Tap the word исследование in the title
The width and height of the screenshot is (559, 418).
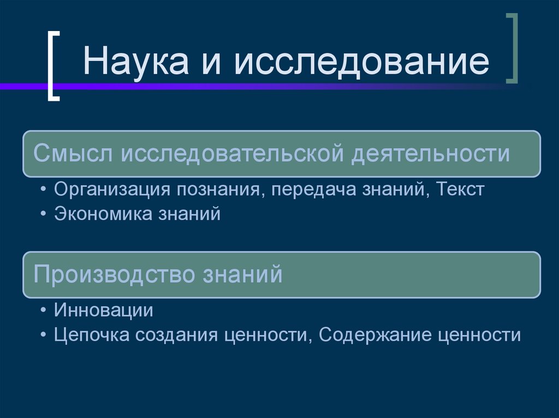(x=361, y=62)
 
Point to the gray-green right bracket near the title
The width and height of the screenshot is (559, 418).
(x=512, y=49)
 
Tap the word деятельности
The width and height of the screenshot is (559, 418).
(x=430, y=154)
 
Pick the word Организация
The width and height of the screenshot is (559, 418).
(x=111, y=190)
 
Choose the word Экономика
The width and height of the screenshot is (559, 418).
(x=95, y=214)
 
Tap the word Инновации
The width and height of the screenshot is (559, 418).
(x=103, y=311)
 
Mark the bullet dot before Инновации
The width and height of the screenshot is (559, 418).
(x=43, y=311)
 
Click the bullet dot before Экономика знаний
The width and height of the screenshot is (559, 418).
(x=43, y=214)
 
